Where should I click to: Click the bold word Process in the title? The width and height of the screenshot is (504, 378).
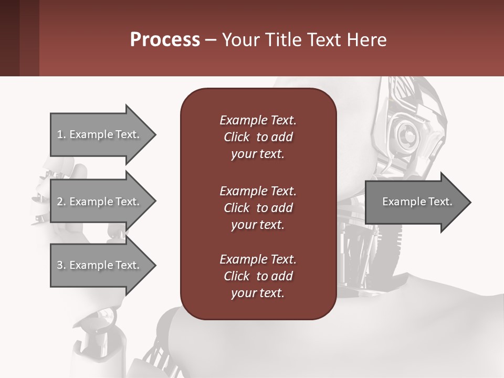click(165, 40)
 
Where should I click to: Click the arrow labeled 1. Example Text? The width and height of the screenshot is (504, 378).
click(100, 134)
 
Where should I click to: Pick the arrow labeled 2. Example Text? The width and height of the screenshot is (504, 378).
click(100, 202)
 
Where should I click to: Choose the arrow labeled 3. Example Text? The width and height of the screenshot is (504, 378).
click(100, 265)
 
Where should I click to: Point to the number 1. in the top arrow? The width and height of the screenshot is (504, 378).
click(61, 134)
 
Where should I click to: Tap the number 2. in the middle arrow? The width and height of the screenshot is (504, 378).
click(61, 202)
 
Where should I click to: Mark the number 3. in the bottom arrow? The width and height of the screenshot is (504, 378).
click(61, 265)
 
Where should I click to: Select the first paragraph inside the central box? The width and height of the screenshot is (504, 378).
click(258, 137)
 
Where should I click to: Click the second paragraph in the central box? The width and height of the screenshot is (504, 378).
click(258, 207)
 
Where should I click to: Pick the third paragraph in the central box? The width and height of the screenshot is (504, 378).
click(258, 276)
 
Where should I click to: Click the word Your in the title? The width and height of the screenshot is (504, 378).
click(239, 40)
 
